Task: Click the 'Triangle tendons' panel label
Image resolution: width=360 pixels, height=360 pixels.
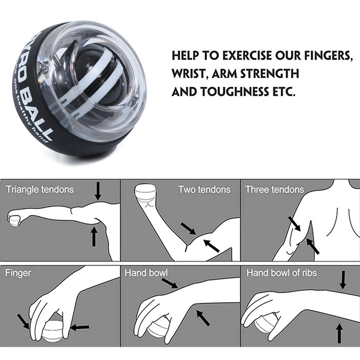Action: (40, 189)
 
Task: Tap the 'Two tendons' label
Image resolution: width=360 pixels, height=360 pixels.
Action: (204, 189)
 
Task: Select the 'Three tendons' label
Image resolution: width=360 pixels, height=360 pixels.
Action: (275, 189)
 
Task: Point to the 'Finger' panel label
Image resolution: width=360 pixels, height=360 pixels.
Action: (18, 273)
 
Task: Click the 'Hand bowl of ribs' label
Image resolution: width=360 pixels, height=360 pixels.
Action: (282, 273)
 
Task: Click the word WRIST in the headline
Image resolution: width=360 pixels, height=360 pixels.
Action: (189, 74)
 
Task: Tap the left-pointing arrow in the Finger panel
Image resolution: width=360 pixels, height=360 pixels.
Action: (80, 327)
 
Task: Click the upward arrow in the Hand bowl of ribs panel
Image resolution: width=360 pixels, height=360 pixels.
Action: (338, 333)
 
